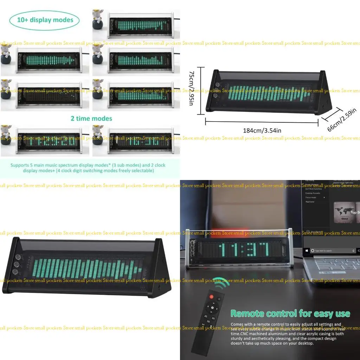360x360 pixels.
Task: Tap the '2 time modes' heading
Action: coord(91,118)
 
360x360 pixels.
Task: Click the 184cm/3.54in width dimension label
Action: coord(262,130)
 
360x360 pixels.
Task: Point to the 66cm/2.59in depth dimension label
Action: coord(342,120)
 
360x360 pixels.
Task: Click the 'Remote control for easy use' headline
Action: coord(290,314)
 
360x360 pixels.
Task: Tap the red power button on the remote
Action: coord(212,297)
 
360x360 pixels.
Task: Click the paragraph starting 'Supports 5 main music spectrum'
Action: coord(88,168)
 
